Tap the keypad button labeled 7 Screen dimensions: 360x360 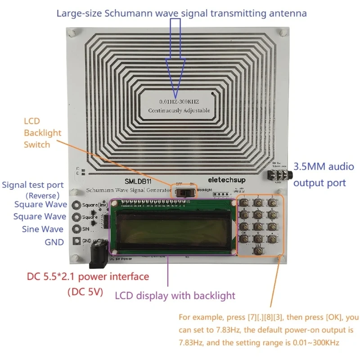(244, 226)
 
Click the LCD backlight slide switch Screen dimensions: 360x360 (185, 193)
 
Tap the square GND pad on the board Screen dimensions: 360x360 (76, 241)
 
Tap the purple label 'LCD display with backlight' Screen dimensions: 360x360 (175, 296)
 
